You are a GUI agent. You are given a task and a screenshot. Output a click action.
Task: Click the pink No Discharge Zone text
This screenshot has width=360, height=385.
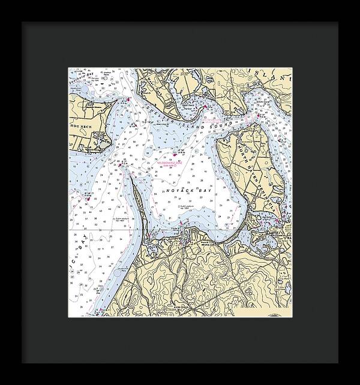pyautogui.click(x=171, y=163)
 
